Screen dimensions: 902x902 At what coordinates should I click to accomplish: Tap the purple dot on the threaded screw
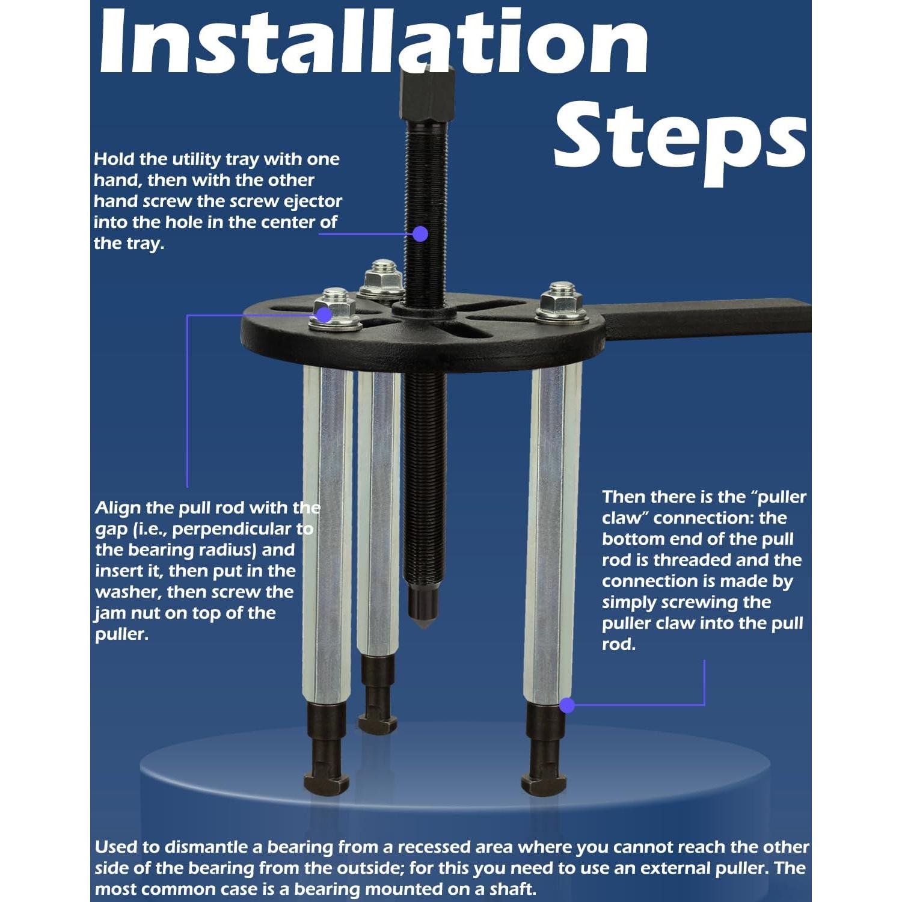pyautogui.click(x=420, y=233)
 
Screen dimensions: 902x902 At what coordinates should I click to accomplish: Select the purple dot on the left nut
pyautogui.click(x=324, y=314)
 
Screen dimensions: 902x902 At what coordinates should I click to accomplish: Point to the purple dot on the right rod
pyautogui.click(x=566, y=705)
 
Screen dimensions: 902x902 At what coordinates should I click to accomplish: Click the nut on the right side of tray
pyautogui.click(x=562, y=305)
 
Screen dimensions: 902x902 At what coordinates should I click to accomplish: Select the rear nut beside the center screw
pyautogui.click(x=381, y=280)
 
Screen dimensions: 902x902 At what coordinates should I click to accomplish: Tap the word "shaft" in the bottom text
pyautogui.click(x=511, y=889)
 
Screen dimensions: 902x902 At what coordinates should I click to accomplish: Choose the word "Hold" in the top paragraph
pyautogui.click(x=114, y=159)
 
